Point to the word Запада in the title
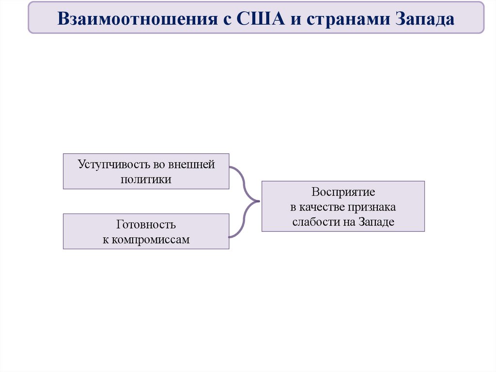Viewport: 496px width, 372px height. click(425, 19)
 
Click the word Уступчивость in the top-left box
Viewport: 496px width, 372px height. click(108, 164)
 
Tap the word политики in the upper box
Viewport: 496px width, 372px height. click(146, 179)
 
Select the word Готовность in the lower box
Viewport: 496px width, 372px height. click(146, 225)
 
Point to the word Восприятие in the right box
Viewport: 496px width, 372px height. click(343, 192)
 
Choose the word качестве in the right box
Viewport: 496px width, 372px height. click(321, 207)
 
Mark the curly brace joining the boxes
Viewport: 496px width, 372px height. click(246, 202)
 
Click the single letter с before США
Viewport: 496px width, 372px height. click(226, 19)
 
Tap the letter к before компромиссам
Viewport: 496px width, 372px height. click(105, 240)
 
